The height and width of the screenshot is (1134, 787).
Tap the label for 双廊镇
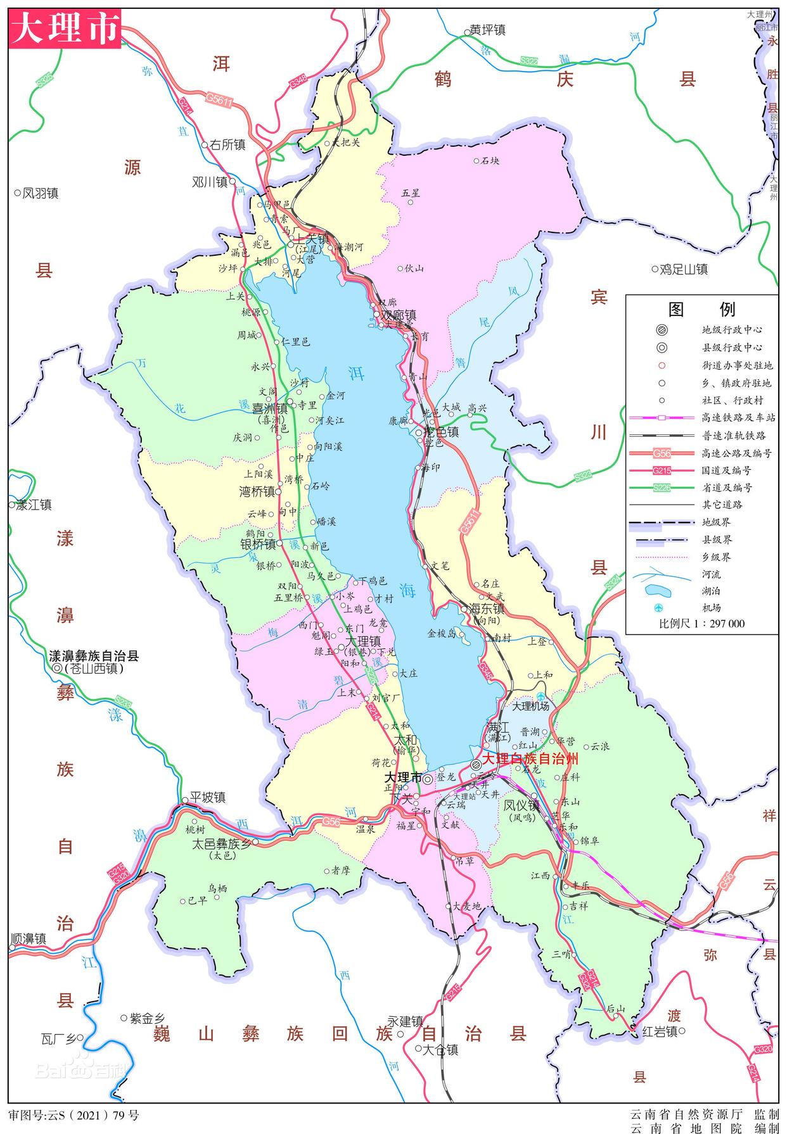(397, 315)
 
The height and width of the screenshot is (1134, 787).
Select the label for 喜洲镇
(270, 409)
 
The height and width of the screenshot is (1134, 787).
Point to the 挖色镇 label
(441, 432)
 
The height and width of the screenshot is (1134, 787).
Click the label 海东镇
(487, 608)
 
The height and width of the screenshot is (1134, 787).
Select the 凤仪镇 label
(521, 806)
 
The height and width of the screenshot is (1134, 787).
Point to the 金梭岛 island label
(442, 633)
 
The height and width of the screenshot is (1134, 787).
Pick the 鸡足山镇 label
(683, 270)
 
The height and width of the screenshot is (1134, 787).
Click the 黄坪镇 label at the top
(488, 30)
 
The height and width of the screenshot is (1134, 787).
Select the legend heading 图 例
(701, 309)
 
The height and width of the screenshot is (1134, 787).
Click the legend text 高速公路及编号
(737, 453)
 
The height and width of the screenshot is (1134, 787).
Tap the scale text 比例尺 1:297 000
(701, 624)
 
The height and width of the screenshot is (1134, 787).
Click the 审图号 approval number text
(73, 1115)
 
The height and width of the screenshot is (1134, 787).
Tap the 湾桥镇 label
(257, 492)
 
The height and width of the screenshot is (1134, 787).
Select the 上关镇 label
(313, 239)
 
